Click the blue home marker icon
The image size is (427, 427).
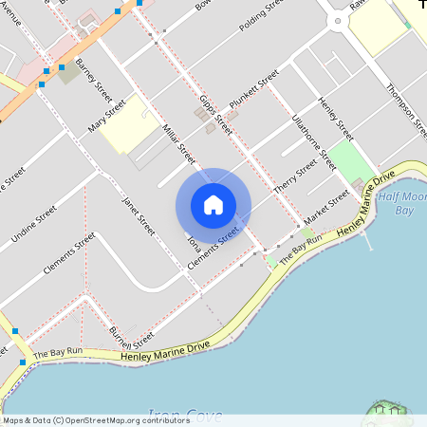213,205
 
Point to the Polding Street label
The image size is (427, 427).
261,17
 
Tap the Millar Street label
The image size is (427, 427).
178,142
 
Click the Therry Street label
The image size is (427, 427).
295,176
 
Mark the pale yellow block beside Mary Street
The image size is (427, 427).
127,124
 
